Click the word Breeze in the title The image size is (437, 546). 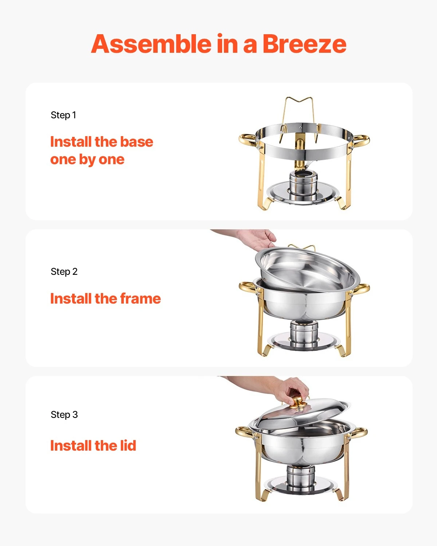coord(304,44)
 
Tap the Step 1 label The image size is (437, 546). coord(63,115)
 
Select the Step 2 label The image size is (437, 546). coord(64,272)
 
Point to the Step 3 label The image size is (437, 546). coord(64,415)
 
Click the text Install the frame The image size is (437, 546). coord(105,298)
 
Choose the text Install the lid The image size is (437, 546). coord(93,446)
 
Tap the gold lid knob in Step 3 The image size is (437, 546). coord(298,402)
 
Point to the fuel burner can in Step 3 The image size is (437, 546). coord(300,476)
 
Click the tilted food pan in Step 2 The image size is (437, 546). coord(308,269)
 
